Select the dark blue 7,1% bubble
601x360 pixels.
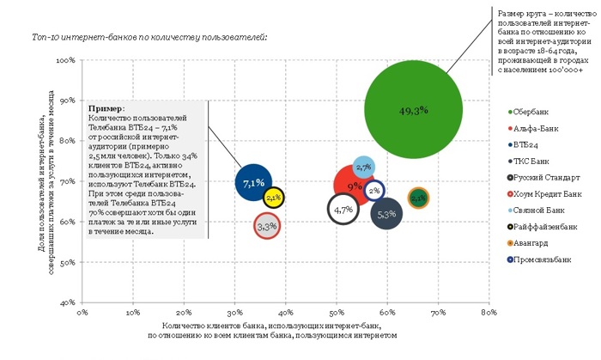tap(252, 183)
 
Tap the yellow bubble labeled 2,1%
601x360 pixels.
tap(274, 197)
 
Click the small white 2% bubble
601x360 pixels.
tap(374, 191)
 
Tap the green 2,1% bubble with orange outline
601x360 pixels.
tap(418, 198)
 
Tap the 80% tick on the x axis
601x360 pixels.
tap(489, 314)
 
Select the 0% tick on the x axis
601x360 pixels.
tap(83, 314)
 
